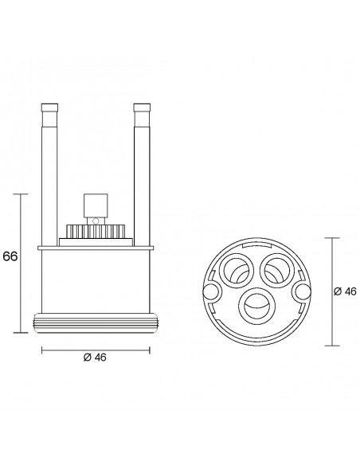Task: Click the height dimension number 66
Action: [10, 257]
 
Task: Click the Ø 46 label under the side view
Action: [95, 357]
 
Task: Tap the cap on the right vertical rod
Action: [142, 108]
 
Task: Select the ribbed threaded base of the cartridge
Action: [95, 322]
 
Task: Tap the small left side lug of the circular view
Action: [210, 293]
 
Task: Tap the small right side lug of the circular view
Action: [303, 293]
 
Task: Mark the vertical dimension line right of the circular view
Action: [333, 292]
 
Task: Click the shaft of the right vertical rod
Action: [142, 175]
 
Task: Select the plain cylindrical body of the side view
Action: [95, 279]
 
